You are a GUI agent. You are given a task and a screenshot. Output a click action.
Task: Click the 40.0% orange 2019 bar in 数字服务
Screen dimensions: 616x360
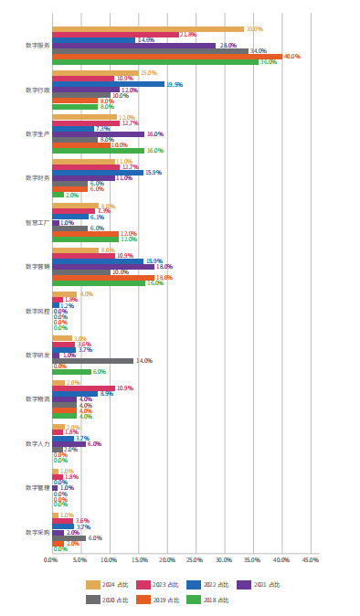167,57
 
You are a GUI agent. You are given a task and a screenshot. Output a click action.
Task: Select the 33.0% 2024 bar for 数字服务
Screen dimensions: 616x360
147,29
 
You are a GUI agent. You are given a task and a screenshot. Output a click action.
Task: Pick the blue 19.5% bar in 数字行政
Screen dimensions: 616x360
108,84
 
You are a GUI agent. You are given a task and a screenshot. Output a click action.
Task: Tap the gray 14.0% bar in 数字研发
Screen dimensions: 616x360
92,361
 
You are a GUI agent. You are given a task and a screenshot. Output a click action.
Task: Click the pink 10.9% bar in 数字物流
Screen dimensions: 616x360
83,388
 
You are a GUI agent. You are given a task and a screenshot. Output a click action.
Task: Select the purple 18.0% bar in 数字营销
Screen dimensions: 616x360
103,267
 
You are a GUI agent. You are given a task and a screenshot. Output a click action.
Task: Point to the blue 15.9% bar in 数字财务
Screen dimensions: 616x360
98,173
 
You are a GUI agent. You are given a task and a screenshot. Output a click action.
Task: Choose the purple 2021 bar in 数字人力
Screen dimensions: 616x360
69,443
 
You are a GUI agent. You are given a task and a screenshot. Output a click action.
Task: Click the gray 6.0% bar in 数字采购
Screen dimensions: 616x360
69,537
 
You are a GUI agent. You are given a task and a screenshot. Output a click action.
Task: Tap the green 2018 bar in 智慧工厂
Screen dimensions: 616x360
86,239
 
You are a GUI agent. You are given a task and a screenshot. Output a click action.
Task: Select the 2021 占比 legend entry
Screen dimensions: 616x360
261,585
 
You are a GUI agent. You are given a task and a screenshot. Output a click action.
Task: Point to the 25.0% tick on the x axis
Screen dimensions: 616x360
195,559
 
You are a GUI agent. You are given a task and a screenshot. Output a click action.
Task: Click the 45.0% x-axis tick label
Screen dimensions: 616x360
309,559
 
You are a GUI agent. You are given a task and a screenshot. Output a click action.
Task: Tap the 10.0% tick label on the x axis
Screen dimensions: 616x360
109,559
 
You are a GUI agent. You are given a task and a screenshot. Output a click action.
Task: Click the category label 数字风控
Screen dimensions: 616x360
37,311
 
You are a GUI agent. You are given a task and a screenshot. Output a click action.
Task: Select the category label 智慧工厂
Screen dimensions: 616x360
37,222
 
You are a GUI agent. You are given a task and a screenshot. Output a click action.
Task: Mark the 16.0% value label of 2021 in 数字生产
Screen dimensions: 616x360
154,134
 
